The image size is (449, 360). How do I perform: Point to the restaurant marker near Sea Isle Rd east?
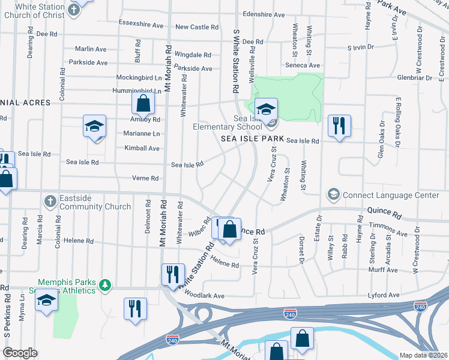pyautogui.click(x=339, y=126)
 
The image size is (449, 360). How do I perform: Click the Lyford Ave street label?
pyautogui.click(x=384, y=295)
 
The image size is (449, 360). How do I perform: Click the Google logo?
pyautogui.click(x=19, y=353)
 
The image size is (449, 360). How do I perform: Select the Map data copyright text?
pyautogui.click(x=423, y=355)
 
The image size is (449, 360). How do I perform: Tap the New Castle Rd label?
pyautogui.click(x=196, y=27)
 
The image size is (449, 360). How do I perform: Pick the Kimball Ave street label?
pyautogui.click(x=142, y=148)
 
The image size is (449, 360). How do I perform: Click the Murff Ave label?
pyautogui.click(x=383, y=270)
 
